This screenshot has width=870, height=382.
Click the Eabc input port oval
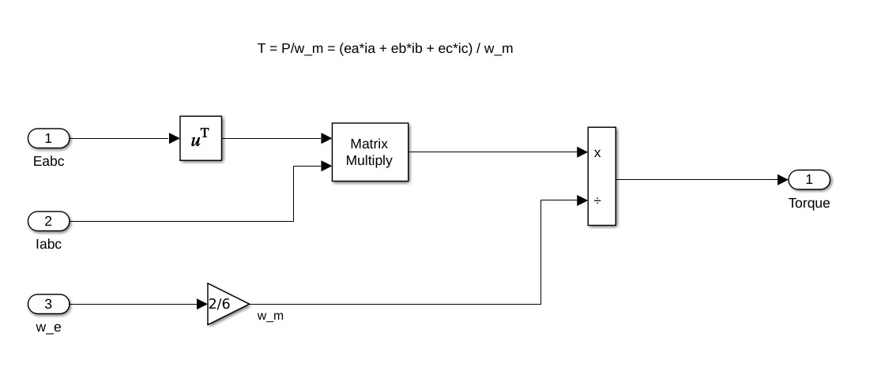click(x=48, y=139)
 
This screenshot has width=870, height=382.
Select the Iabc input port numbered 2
click(x=48, y=221)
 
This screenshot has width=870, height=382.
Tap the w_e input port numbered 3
click(x=48, y=303)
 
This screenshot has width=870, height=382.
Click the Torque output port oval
click(x=809, y=180)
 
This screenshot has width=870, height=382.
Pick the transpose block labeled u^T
click(x=201, y=139)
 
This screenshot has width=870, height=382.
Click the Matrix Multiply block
click(x=370, y=152)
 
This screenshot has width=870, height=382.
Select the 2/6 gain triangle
click(x=224, y=304)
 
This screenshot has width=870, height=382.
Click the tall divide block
click(x=601, y=176)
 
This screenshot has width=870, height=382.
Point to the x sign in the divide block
click(x=597, y=153)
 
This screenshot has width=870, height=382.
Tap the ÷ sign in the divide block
click(x=597, y=200)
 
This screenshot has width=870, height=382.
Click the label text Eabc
click(x=48, y=161)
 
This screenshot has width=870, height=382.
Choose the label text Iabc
click(x=48, y=244)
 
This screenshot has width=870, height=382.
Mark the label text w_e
click(x=48, y=326)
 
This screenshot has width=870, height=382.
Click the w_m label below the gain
click(x=270, y=316)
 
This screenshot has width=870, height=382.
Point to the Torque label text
click(x=809, y=203)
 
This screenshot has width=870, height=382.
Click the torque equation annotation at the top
click(x=386, y=49)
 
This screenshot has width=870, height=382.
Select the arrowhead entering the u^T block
click(x=175, y=139)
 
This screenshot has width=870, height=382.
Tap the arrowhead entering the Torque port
click(x=783, y=180)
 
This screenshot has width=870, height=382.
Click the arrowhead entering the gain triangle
click(x=201, y=304)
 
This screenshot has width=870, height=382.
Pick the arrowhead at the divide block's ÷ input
click(x=582, y=200)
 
